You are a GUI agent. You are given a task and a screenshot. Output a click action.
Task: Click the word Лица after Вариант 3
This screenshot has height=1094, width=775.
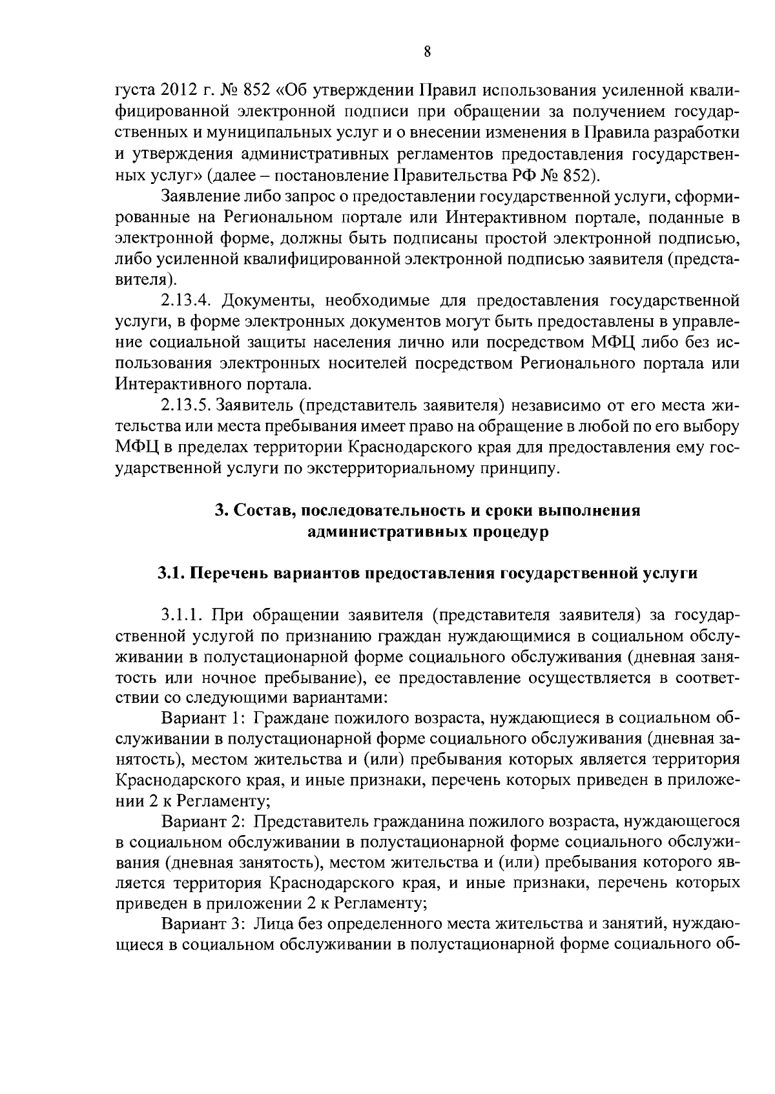(271, 924)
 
